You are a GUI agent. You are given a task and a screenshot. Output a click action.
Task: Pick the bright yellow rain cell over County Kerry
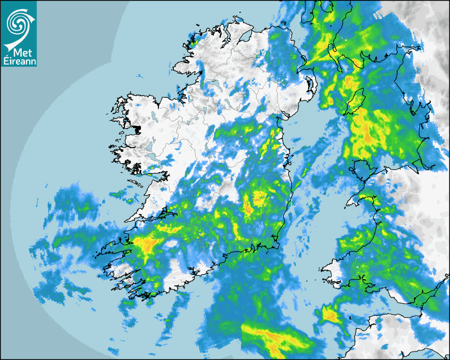[x=145, y=244]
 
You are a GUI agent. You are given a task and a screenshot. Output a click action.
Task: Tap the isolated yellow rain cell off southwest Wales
[x=330, y=316]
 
